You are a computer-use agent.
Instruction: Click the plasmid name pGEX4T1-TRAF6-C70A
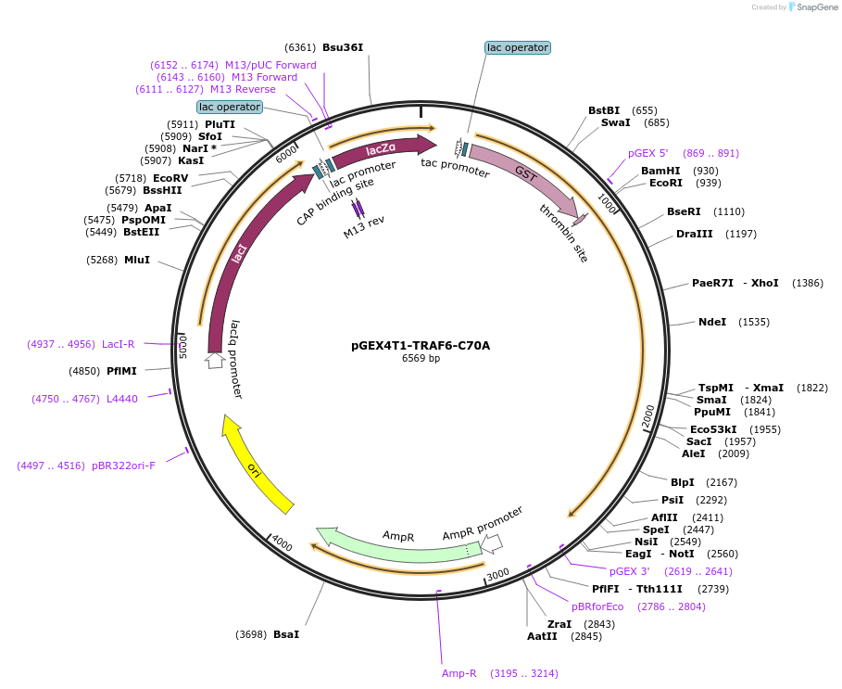pos(421,346)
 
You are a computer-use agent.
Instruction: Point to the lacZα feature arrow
pos(382,148)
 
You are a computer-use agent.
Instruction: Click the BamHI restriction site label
pos(660,171)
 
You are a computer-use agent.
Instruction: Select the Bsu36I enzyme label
pos(343,47)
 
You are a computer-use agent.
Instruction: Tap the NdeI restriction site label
pos(712,322)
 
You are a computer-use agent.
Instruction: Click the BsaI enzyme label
pos(286,635)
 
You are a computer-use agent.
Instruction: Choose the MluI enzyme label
pos(137,260)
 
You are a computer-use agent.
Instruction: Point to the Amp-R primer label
pos(459,673)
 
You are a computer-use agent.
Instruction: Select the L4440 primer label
pos(122,398)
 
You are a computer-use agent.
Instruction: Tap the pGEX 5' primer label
pos(647,153)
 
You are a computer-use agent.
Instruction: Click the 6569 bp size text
pos(421,359)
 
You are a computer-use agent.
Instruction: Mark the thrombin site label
pos(564,233)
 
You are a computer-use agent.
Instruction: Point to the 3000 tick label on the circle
pos(498,574)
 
